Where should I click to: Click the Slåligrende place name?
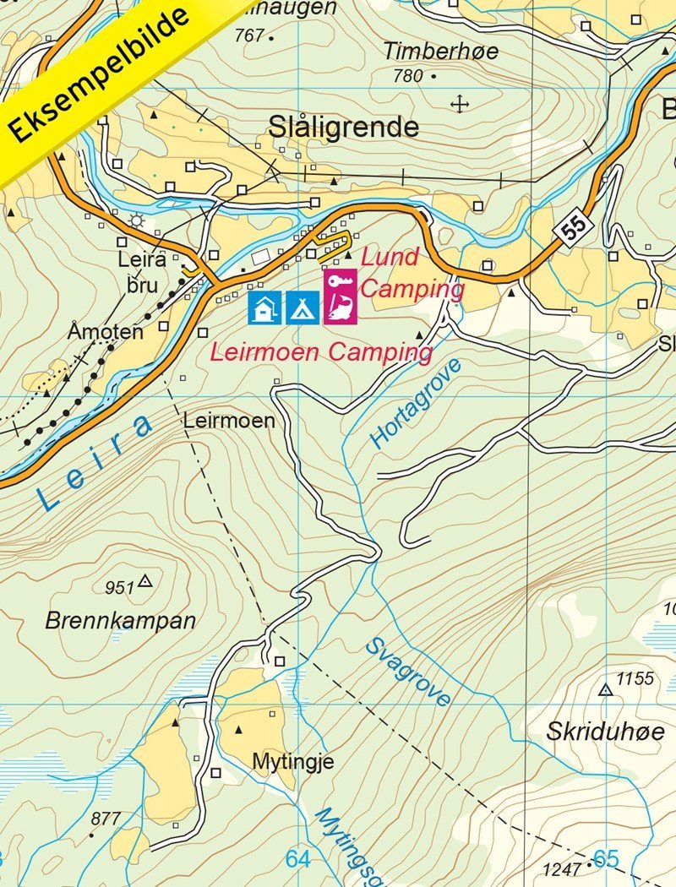pyautogui.click(x=343, y=128)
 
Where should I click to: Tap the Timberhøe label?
pyautogui.click(x=440, y=51)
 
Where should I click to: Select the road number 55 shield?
pyautogui.click(x=571, y=229)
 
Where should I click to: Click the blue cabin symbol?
pyautogui.click(x=264, y=307)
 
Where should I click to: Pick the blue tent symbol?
pyautogui.click(x=303, y=307)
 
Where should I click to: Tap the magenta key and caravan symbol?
pyautogui.click(x=340, y=297)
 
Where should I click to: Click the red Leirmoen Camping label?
pyautogui.click(x=321, y=352)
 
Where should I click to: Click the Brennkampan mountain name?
pyautogui.click(x=120, y=621)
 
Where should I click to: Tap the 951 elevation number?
pyautogui.click(x=120, y=587)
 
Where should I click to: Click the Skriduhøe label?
pyautogui.click(x=604, y=732)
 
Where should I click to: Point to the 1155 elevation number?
pyautogui.click(x=635, y=678)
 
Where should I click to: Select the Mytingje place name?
pyautogui.click(x=292, y=761)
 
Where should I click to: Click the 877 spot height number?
pyautogui.click(x=106, y=818)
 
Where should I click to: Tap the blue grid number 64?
pyautogui.click(x=297, y=859)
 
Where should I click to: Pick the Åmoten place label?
pyautogui.click(x=106, y=332)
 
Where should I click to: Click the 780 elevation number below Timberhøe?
pyautogui.click(x=407, y=76)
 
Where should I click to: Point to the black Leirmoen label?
pyautogui.click(x=229, y=420)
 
